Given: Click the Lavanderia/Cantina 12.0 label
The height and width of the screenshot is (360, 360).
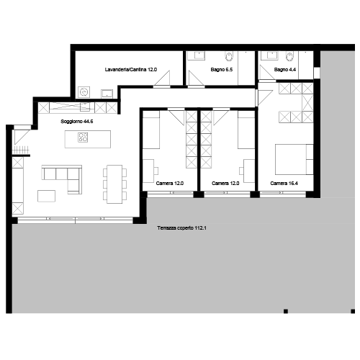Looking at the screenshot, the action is [131, 70].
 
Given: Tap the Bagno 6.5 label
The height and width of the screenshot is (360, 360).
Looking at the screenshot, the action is [222, 70].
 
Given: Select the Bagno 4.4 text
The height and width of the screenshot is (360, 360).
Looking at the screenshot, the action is [285, 70].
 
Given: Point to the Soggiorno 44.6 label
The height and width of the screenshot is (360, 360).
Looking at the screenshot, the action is [77, 122].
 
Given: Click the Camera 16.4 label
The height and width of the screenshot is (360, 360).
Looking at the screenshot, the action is [284, 184].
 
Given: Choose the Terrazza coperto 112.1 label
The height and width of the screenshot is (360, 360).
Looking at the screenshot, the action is [181, 228].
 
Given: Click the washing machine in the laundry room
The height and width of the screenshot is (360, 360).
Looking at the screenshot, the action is [84, 92].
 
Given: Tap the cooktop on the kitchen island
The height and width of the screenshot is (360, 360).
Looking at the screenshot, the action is [83, 138].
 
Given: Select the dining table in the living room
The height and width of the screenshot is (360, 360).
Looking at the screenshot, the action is [114, 184].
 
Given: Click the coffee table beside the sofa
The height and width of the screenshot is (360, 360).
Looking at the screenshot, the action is [46, 196].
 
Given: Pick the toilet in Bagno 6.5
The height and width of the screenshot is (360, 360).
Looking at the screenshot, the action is [229, 56].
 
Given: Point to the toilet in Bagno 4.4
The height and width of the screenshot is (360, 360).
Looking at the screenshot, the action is [289, 56].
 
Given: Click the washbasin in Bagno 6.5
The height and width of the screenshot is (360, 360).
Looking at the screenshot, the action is [199, 55].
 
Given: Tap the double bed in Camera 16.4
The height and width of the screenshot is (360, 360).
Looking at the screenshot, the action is [294, 159].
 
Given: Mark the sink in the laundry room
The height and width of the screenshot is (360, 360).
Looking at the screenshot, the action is [107, 94].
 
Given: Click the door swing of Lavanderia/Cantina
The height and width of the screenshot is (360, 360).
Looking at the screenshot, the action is [163, 78].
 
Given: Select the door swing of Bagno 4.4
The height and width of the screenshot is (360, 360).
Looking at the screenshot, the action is [266, 73].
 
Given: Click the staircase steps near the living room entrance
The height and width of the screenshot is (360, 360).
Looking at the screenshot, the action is [21, 150].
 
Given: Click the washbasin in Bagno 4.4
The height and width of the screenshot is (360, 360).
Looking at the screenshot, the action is [272, 55].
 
